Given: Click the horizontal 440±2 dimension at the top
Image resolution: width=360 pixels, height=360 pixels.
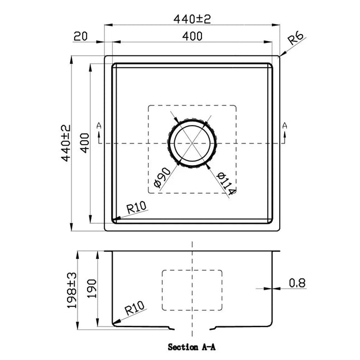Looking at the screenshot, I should coord(193,18).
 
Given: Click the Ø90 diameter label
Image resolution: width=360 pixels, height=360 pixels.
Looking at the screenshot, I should coord(160,177).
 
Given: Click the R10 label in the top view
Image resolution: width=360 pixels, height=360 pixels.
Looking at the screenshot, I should coord(137,208).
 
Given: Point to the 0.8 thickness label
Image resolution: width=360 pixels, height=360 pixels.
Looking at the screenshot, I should coord(297,283).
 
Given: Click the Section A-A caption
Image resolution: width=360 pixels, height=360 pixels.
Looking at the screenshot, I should coord(192,347).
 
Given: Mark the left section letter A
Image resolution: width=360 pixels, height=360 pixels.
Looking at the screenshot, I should coord(99,126).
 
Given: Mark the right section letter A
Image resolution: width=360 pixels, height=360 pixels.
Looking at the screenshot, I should coord(285,126).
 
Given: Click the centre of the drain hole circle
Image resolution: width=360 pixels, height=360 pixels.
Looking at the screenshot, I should coord(192,143).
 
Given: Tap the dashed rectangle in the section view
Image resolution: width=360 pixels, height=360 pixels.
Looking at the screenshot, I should coord(192,290).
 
